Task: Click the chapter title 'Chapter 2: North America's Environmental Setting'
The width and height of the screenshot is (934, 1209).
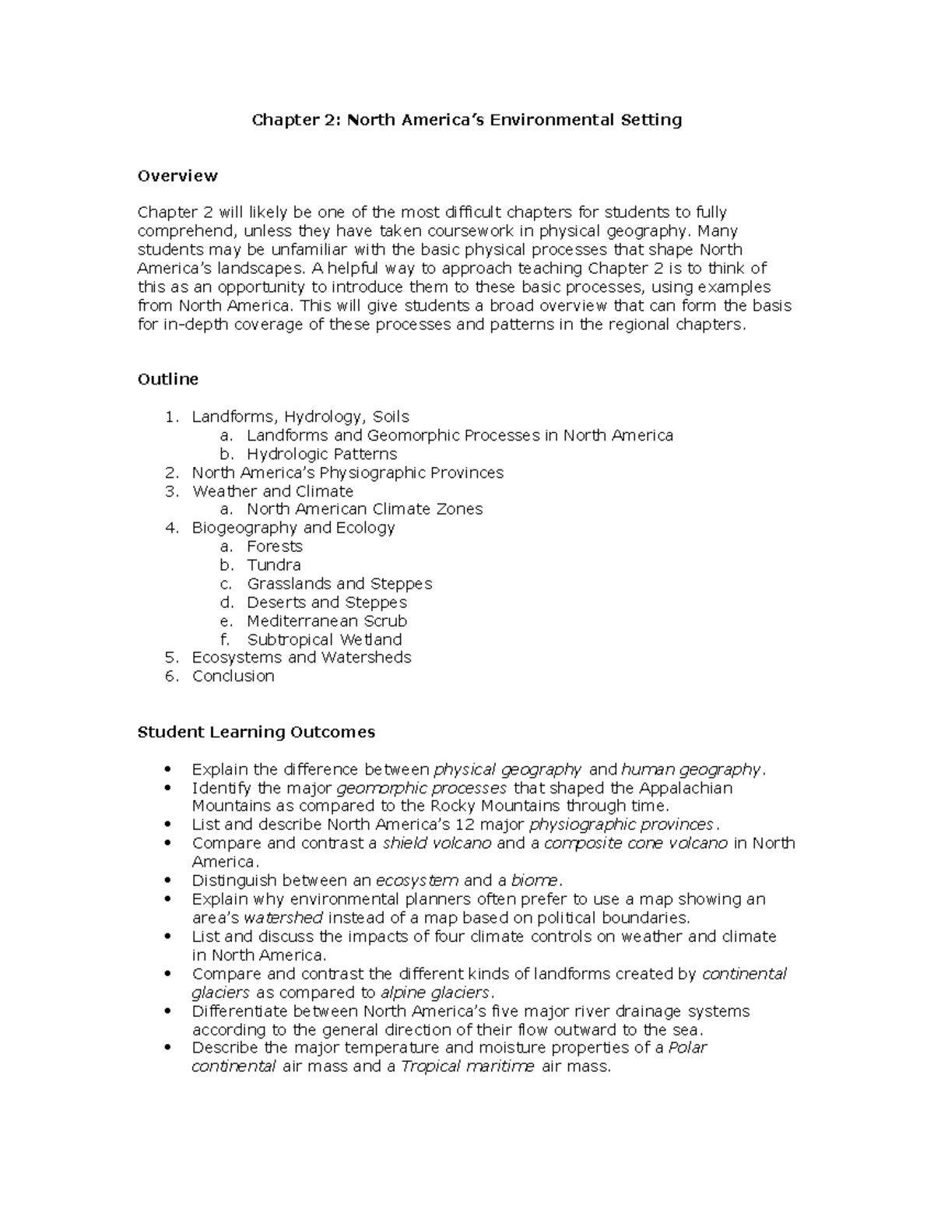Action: click(x=465, y=120)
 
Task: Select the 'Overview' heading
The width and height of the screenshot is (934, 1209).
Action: click(x=177, y=176)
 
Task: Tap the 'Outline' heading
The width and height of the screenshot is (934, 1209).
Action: click(x=167, y=379)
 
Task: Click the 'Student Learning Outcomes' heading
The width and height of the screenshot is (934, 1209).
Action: click(x=256, y=732)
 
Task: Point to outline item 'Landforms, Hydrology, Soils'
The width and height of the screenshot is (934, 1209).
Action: click(x=300, y=416)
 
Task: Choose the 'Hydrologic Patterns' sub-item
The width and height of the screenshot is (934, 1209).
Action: click(x=321, y=454)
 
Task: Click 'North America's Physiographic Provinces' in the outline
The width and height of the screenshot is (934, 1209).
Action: click(x=348, y=473)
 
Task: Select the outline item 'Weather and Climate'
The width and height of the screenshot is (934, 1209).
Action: click(x=272, y=491)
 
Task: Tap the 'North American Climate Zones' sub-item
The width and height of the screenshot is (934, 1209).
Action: click(x=364, y=509)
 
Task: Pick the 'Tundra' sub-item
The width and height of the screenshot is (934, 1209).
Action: click(x=273, y=565)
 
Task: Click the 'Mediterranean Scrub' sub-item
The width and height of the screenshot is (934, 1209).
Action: click(x=327, y=621)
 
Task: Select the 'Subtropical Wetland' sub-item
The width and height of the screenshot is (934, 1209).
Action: click(x=324, y=640)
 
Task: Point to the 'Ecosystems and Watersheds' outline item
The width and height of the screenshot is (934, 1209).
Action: click(x=301, y=658)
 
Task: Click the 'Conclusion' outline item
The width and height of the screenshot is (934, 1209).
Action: click(x=233, y=677)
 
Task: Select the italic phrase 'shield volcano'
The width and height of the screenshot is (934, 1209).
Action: click(x=437, y=843)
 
